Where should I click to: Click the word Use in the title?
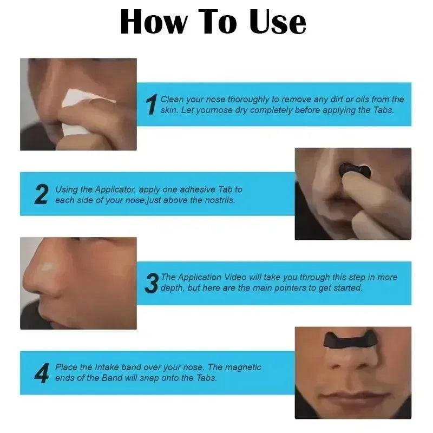tap(278, 22)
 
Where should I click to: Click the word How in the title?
tap(154, 22)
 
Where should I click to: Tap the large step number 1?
tap(152, 105)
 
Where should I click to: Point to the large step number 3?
tap(152, 283)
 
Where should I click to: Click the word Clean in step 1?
tap(172, 100)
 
